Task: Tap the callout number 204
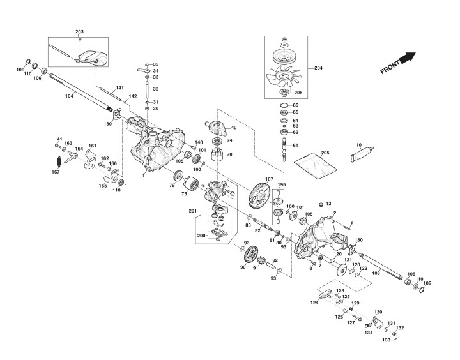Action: point(319,67)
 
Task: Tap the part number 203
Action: point(79,31)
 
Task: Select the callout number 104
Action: point(69,96)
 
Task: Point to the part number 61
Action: point(296,146)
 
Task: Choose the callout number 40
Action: point(233,128)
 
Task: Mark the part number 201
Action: point(193,211)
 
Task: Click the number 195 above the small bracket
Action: point(281,184)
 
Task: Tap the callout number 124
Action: point(314,302)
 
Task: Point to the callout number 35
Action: point(155,64)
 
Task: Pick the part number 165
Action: point(103,186)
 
